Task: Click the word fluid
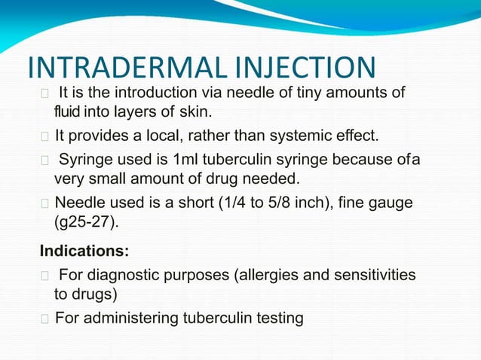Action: pos(65,113)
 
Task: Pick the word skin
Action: pos(196,113)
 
